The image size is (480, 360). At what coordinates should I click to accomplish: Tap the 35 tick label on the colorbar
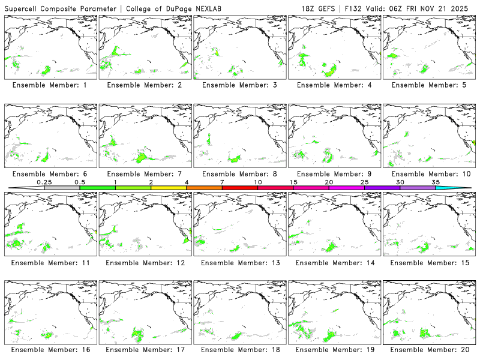point(436,182)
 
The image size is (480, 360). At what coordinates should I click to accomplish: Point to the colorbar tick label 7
point(222,182)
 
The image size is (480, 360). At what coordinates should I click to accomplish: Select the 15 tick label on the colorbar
point(293,182)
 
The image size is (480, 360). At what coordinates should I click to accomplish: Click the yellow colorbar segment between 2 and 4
point(169,188)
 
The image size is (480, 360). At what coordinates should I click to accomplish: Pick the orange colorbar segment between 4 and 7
point(204,188)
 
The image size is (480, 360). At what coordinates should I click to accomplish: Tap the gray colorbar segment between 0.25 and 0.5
point(62,188)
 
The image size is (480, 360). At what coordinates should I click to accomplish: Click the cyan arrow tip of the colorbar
point(462,188)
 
